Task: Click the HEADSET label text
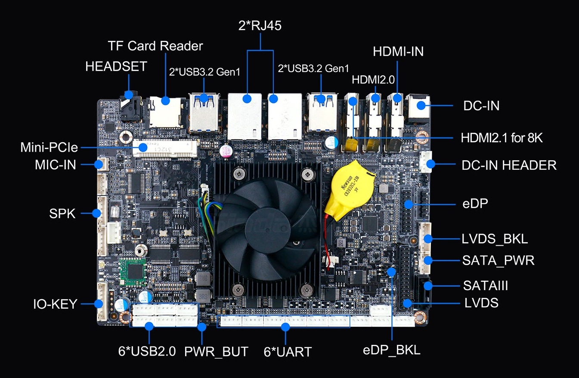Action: [116, 67]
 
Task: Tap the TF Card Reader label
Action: [155, 46]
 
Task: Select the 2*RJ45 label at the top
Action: [260, 26]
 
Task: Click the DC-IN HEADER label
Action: [509, 165]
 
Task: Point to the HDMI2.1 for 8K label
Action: [507, 138]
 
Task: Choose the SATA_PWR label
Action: [498, 260]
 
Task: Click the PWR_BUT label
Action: [216, 352]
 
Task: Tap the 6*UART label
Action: [287, 352]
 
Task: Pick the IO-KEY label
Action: [55, 304]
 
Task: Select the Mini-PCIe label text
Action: [49, 148]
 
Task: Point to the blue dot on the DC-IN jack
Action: [422, 105]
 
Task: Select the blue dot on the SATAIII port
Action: [427, 285]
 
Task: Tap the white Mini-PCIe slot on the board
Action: [166, 148]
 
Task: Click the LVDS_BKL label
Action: [495, 239]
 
